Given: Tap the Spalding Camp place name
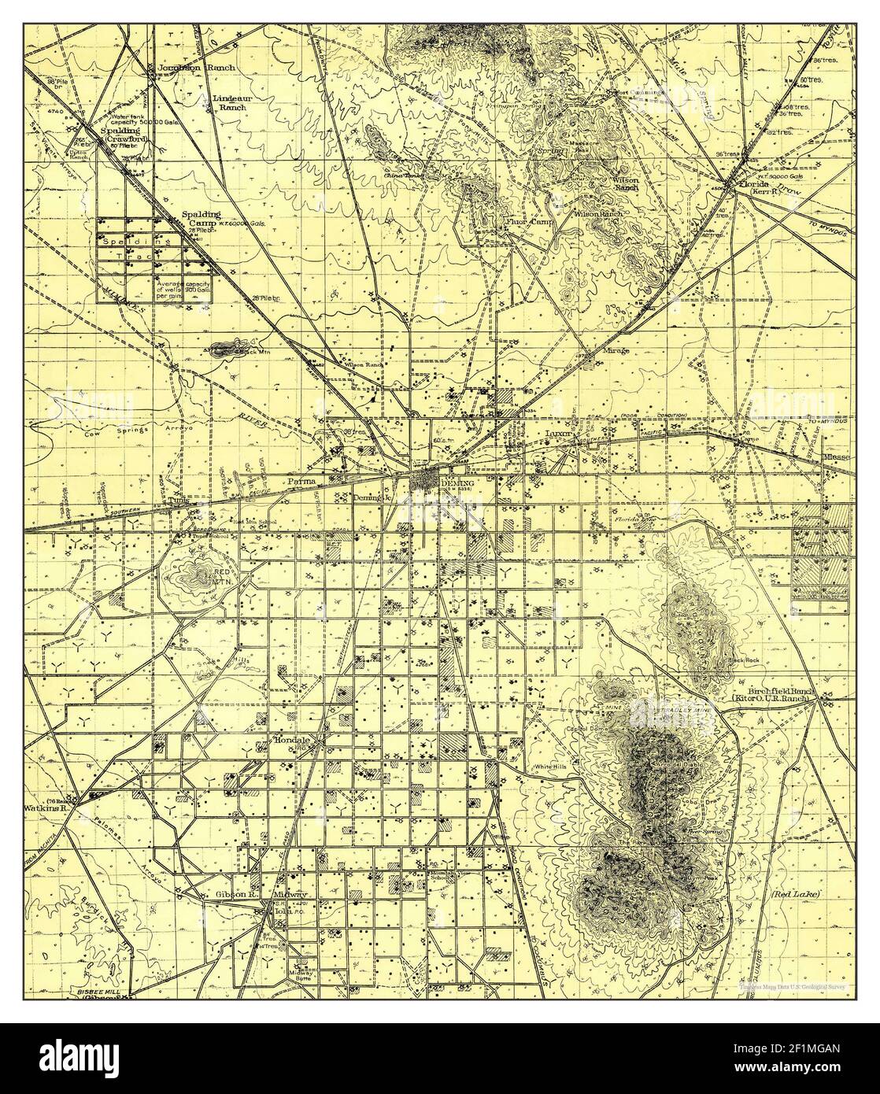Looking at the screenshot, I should (201, 218).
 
